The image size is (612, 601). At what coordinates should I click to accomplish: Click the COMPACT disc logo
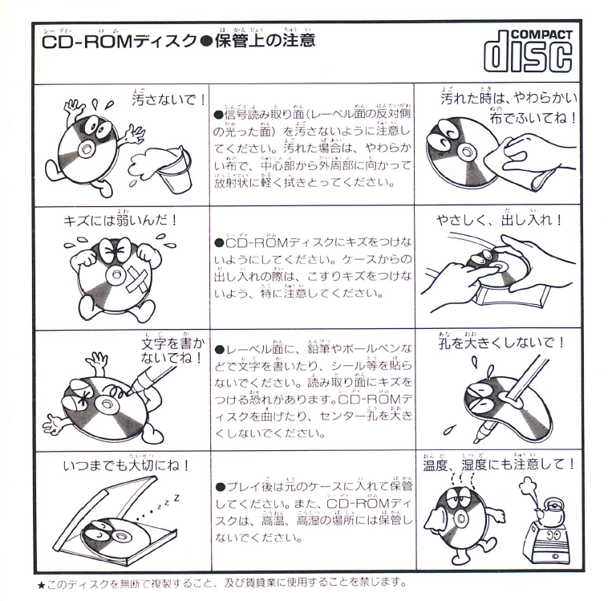click(528, 51)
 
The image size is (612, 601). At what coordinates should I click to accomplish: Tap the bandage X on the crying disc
click(134, 281)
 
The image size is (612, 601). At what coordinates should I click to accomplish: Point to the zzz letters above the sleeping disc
click(167, 503)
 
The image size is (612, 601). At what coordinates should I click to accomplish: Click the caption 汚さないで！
click(168, 99)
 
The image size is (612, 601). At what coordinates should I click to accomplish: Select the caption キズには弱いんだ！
click(120, 221)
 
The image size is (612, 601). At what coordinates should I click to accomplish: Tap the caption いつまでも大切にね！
click(127, 465)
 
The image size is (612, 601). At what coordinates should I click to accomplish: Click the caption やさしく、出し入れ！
click(499, 221)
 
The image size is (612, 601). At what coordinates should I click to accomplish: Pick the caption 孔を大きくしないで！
click(501, 343)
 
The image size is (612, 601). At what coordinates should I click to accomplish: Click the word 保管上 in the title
click(238, 41)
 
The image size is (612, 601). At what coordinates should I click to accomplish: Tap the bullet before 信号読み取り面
click(219, 115)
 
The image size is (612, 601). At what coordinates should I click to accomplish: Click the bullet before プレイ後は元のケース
click(221, 487)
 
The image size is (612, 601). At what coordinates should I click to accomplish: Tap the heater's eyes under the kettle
click(552, 535)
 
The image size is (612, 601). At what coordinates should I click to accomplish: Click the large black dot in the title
click(205, 42)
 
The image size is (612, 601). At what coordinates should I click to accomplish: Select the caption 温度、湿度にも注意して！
click(499, 465)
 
